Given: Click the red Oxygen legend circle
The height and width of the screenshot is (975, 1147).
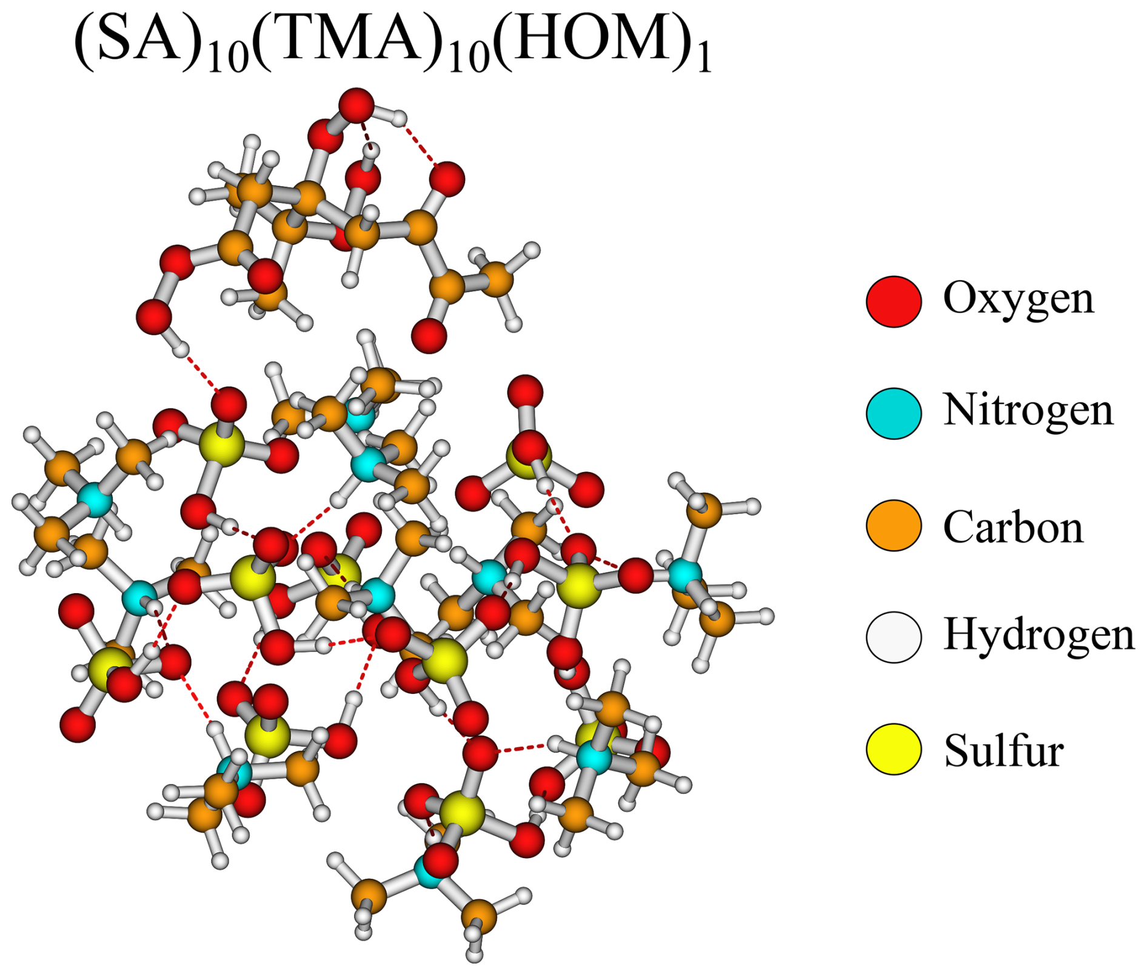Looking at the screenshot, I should pyautogui.click(x=894, y=301).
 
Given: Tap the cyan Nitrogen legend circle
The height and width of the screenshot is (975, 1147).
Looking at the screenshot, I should pyautogui.click(x=894, y=413).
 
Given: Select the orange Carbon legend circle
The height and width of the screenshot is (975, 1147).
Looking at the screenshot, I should pyautogui.click(x=894, y=525).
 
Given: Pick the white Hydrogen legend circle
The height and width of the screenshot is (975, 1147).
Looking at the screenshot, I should pyautogui.click(x=894, y=637).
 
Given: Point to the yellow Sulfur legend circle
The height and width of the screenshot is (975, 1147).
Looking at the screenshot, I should pyautogui.click(x=894, y=749).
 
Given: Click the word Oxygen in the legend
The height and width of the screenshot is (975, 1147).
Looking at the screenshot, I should pyautogui.click(x=1018, y=298).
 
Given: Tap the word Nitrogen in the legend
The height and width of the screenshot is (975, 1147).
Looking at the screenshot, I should pyautogui.click(x=1028, y=410).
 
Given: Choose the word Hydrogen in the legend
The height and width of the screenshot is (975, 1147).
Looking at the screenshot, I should pyautogui.click(x=1038, y=634).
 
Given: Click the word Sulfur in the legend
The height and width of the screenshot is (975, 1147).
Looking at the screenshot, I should pyautogui.click(x=1004, y=750).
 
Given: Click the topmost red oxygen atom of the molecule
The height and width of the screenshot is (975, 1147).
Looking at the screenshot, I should pyautogui.click(x=356, y=105).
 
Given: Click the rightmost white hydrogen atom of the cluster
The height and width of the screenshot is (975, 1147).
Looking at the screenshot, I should pyautogui.click(x=766, y=616).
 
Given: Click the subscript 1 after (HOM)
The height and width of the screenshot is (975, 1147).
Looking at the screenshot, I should pyautogui.click(x=704, y=61).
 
